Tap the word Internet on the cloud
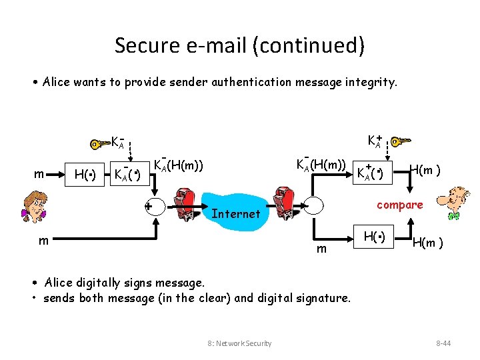point(235,213)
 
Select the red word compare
point(399,205)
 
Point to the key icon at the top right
point(401,142)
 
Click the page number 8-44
point(444,343)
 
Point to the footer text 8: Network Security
point(239,343)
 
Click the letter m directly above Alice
point(39,175)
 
